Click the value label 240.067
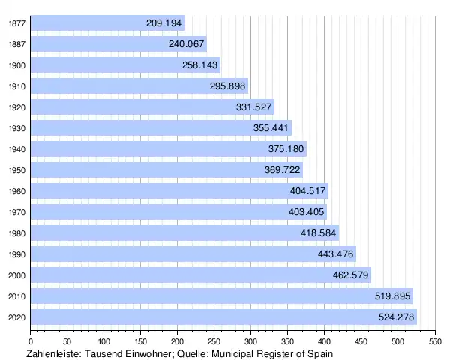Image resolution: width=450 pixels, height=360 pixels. coord(187,44)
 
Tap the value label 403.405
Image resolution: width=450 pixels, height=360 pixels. coord(307,212)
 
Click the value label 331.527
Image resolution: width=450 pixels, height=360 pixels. coord(254,107)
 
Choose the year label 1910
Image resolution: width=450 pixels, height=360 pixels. coord(16,86)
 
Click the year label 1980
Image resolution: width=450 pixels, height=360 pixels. coord(16,233)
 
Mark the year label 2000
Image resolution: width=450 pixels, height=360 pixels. coord(16,275)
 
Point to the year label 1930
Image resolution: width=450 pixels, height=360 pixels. coord(16,128)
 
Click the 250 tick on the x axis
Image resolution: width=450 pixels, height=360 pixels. coord(214,340)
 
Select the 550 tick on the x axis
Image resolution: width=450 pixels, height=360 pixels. coord(433,340)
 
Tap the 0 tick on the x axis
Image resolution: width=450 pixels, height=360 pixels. coord(31,340)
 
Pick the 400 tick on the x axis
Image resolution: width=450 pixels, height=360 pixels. coord(324,340)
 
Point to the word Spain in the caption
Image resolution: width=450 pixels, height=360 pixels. coord(319,352)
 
